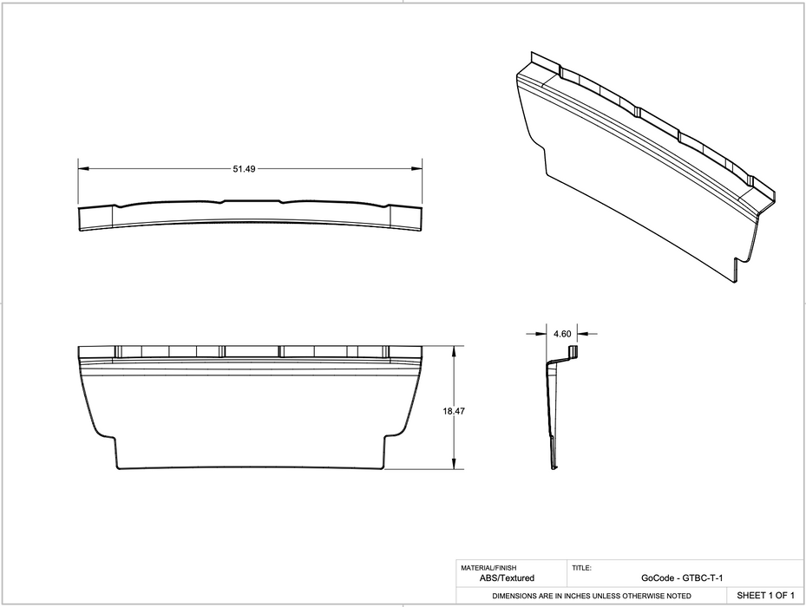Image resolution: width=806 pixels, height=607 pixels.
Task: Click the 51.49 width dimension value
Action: (243, 169)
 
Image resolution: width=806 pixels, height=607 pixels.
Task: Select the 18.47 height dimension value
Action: (454, 412)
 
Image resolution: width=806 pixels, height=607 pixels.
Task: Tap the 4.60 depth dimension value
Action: (561, 333)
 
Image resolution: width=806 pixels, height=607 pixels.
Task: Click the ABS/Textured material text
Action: (507, 578)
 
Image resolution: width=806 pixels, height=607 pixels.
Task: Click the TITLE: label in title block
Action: (581, 568)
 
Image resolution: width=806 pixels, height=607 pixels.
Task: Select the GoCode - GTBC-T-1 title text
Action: (682, 578)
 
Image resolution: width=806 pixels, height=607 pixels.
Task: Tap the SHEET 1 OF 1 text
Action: (765, 596)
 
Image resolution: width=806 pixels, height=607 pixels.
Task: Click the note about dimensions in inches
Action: (592, 596)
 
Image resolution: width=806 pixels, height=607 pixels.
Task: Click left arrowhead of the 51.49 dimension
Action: (82, 169)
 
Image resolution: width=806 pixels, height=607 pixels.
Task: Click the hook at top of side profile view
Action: (572, 350)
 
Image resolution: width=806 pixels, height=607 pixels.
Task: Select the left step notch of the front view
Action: (115, 438)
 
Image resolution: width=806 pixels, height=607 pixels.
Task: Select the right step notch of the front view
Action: (386, 438)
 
